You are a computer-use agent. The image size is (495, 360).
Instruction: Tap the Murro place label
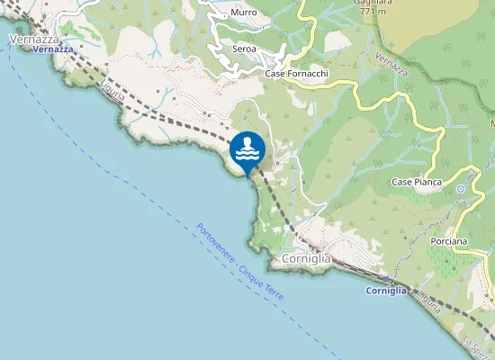(243, 13)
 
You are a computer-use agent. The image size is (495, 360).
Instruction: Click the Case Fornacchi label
(296, 73)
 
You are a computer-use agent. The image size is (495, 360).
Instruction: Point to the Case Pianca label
(416, 182)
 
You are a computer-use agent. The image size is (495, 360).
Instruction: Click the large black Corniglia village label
(306, 258)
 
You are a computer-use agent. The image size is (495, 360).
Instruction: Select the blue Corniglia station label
(387, 291)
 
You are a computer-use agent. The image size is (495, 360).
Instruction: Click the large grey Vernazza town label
(34, 40)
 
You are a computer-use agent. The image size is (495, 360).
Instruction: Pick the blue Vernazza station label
(52, 49)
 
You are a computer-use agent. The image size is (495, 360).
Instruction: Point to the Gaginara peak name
(376, 3)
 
